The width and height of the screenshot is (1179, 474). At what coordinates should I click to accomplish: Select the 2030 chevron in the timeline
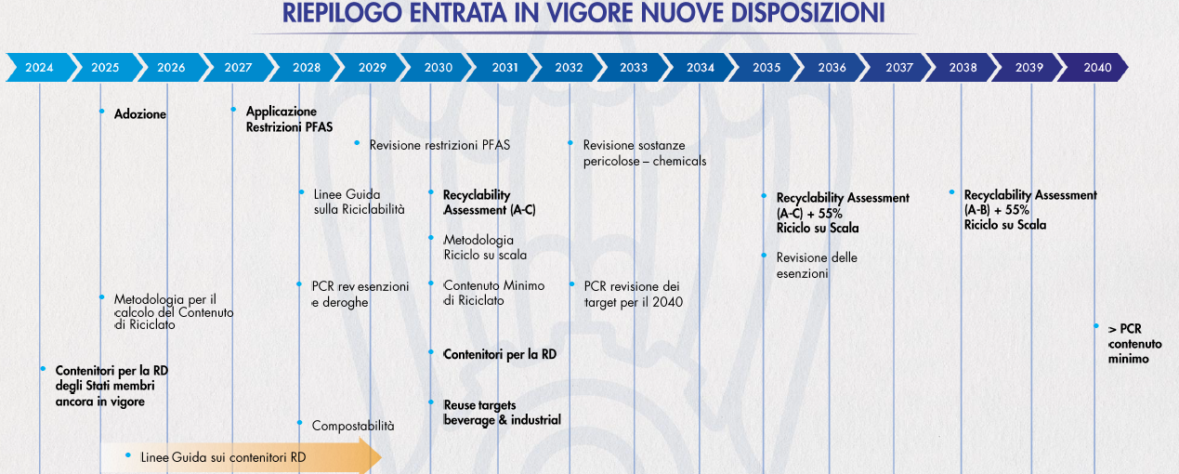pyautogui.click(x=438, y=68)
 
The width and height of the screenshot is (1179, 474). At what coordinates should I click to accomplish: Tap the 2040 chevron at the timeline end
pyautogui.click(x=1094, y=68)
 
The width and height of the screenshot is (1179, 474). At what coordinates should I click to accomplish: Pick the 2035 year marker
pyautogui.click(x=766, y=68)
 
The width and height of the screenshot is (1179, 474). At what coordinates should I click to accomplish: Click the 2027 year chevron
pyautogui.click(x=238, y=68)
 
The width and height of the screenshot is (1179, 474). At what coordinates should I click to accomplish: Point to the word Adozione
pyautogui.click(x=140, y=114)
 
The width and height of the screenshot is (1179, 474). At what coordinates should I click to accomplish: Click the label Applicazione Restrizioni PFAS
pyautogui.click(x=289, y=119)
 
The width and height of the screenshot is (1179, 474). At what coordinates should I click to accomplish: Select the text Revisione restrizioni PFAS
pyautogui.click(x=439, y=145)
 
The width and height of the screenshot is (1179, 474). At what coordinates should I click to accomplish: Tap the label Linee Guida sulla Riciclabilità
pyautogui.click(x=359, y=202)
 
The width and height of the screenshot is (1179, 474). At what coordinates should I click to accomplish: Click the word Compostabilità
pyautogui.click(x=353, y=426)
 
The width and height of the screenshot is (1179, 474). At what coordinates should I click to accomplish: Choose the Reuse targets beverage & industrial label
pyautogui.click(x=502, y=413)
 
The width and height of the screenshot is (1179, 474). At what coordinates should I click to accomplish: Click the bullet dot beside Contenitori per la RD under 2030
pyautogui.click(x=431, y=352)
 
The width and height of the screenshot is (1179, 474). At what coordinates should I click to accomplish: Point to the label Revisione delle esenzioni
pyautogui.click(x=817, y=266)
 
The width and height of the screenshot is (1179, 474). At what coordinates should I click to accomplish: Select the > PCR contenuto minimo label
pyautogui.click(x=1134, y=344)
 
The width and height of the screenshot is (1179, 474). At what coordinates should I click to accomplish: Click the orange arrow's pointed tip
pyautogui.click(x=381, y=457)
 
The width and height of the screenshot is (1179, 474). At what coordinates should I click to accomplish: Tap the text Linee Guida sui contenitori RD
pyautogui.click(x=223, y=457)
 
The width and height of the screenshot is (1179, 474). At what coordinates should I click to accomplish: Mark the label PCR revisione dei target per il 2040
pyautogui.click(x=634, y=295)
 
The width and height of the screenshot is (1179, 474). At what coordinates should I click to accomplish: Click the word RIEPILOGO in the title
pyautogui.click(x=342, y=13)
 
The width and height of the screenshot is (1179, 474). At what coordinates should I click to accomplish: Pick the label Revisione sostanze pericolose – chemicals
pyautogui.click(x=644, y=153)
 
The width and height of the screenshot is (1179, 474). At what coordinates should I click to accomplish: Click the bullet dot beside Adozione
pyautogui.click(x=101, y=112)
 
